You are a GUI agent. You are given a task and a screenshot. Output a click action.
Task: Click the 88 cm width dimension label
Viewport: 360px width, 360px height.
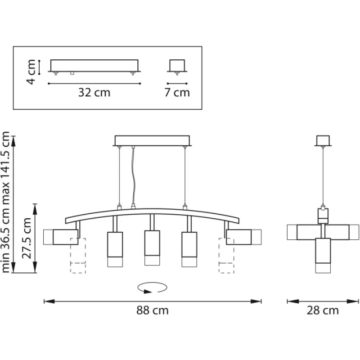153,310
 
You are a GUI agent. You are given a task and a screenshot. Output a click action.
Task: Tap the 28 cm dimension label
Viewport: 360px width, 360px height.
323,310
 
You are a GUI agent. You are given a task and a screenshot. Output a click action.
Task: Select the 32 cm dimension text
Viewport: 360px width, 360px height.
94,93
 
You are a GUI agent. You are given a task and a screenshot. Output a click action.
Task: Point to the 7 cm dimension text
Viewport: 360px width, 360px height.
177,93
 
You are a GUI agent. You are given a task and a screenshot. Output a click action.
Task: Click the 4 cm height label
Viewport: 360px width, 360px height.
31,72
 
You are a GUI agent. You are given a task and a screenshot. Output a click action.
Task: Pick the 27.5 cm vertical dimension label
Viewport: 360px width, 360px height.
27,238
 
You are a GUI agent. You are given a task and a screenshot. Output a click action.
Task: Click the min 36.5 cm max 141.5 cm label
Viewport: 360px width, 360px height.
5,202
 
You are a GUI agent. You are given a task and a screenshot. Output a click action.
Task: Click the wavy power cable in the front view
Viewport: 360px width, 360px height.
133,177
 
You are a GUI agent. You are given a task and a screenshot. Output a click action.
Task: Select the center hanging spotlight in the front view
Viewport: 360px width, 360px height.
152,247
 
